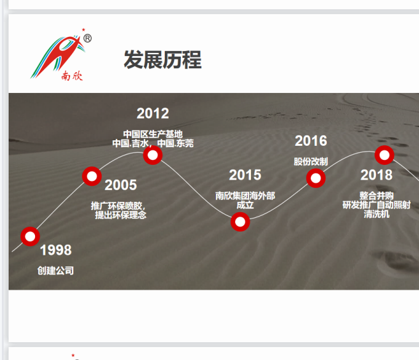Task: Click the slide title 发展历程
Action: [x=162, y=60]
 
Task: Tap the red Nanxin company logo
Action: [x=61, y=55]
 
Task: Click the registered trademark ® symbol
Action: [x=87, y=39]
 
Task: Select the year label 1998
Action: [x=55, y=250]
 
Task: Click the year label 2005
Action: [x=121, y=185]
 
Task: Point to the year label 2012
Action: [x=153, y=113]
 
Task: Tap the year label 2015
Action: [x=245, y=175]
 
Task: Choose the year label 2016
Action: [x=311, y=141]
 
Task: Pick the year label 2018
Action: [x=377, y=175]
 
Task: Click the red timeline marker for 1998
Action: [x=30, y=236]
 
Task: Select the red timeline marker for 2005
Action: [x=92, y=177]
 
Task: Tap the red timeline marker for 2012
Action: [x=153, y=155]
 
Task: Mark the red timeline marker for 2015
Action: [x=240, y=222]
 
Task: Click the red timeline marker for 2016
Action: [x=316, y=178]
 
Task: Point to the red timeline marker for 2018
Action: [x=385, y=155]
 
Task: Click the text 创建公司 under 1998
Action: [x=55, y=271]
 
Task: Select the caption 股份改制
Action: [x=311, y=162]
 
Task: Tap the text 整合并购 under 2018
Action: [x=377, y=196]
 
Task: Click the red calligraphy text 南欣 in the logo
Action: [x=72, y=76]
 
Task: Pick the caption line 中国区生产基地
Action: [x=153, y=134]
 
